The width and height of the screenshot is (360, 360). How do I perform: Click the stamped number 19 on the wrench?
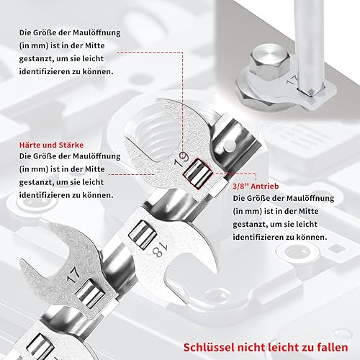click(181, 159)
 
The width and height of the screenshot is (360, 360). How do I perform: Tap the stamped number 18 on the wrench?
click(159, 249)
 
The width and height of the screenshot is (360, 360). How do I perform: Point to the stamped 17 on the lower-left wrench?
click(73, 275)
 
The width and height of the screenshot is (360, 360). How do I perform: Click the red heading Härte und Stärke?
click(51, 145)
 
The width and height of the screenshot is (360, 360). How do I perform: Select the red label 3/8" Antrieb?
click(256, 186)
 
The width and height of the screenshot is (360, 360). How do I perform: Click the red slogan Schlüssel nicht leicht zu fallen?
click(266, 347)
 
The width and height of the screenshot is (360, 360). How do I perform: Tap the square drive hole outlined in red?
click(198, 174)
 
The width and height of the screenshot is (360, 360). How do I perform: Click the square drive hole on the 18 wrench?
click(143, 235)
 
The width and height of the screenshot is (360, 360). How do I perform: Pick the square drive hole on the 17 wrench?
click(90, 293)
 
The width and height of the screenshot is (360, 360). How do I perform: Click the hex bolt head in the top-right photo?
click(269, 60)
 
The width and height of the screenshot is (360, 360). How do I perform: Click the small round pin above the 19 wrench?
click(230, 145)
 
